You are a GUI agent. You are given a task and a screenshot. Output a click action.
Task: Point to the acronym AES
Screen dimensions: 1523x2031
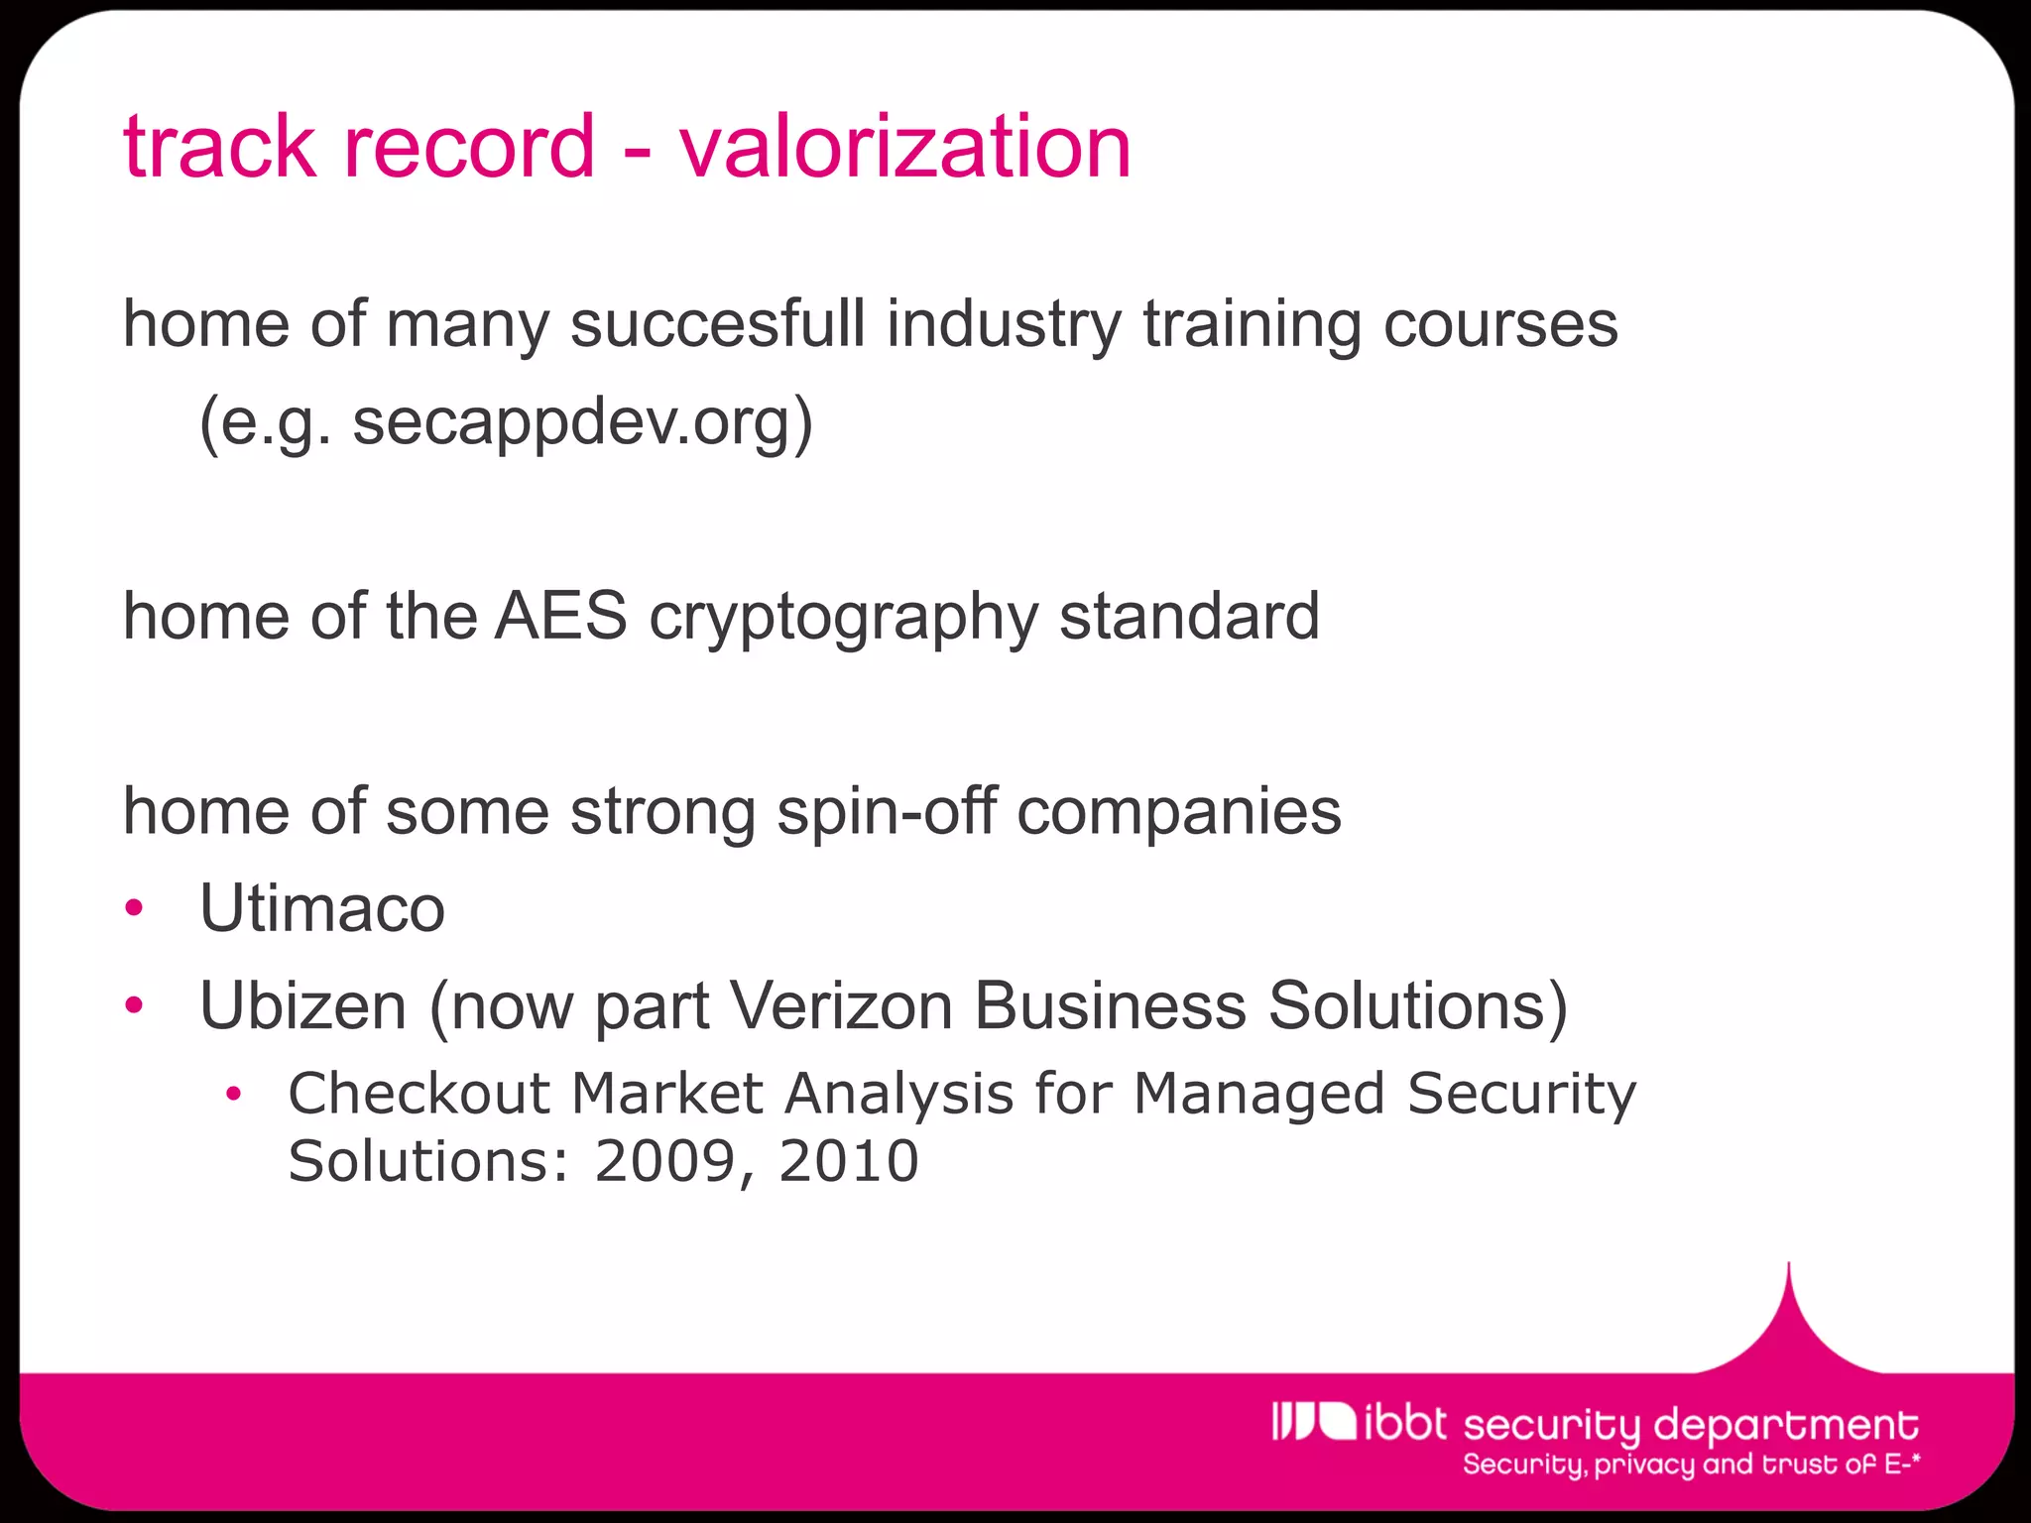(x=561, y=616)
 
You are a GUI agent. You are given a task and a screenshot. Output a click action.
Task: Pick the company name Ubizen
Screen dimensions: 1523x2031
(x=303, y=1005)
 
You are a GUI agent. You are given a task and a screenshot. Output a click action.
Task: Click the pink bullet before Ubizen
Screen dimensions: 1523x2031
(x=135, y=1005)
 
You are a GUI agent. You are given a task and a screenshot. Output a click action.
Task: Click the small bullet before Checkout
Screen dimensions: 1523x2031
(x=233, y=1095)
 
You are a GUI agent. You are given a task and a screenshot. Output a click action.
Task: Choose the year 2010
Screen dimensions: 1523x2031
(x=849, y=1161)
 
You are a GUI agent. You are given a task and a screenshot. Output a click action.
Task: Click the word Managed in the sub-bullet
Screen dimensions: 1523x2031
(x=1258, y=1094)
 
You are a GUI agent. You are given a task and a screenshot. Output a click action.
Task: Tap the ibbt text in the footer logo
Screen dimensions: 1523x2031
(x=1405, y=1423)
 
